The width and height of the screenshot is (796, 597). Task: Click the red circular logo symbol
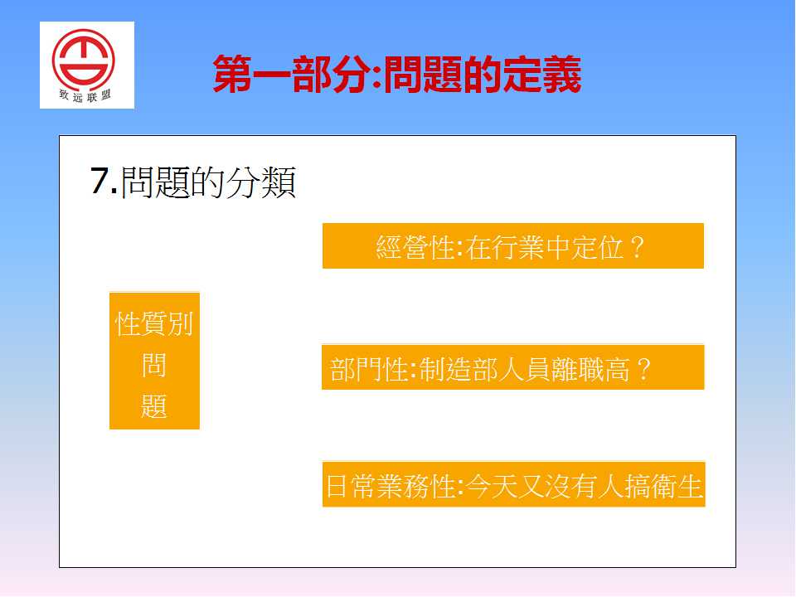(x=83, y=60)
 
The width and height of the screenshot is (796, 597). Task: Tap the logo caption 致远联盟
(x=85, y=95)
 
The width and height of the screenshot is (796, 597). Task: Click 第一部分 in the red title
(x=291, y=75)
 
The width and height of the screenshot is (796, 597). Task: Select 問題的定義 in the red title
(x=483, y=75)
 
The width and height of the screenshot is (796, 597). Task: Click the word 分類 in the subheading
(x=261, y=182)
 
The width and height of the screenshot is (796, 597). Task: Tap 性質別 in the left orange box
(x=154, y=324)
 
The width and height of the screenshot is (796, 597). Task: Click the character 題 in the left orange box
(x=154, y=406)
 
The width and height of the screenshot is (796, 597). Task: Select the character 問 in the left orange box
(x=154, y=365)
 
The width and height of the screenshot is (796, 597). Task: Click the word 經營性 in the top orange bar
(x=415, y=248)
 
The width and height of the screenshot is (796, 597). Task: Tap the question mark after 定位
(x=637, y=248)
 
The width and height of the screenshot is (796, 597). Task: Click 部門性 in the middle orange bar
(x=369, y=369)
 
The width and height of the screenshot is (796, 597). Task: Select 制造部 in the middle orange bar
(x=458, y=369)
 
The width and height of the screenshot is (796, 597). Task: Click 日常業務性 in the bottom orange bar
(x=391, y=487)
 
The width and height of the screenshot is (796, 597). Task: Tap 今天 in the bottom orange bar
(x=492, y=487)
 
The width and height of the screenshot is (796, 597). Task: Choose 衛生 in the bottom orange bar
(x=677, y=487)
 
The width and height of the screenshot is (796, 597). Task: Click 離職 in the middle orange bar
(x=577, y=369)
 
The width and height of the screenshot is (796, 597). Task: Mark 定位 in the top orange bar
(x=598, y=248)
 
